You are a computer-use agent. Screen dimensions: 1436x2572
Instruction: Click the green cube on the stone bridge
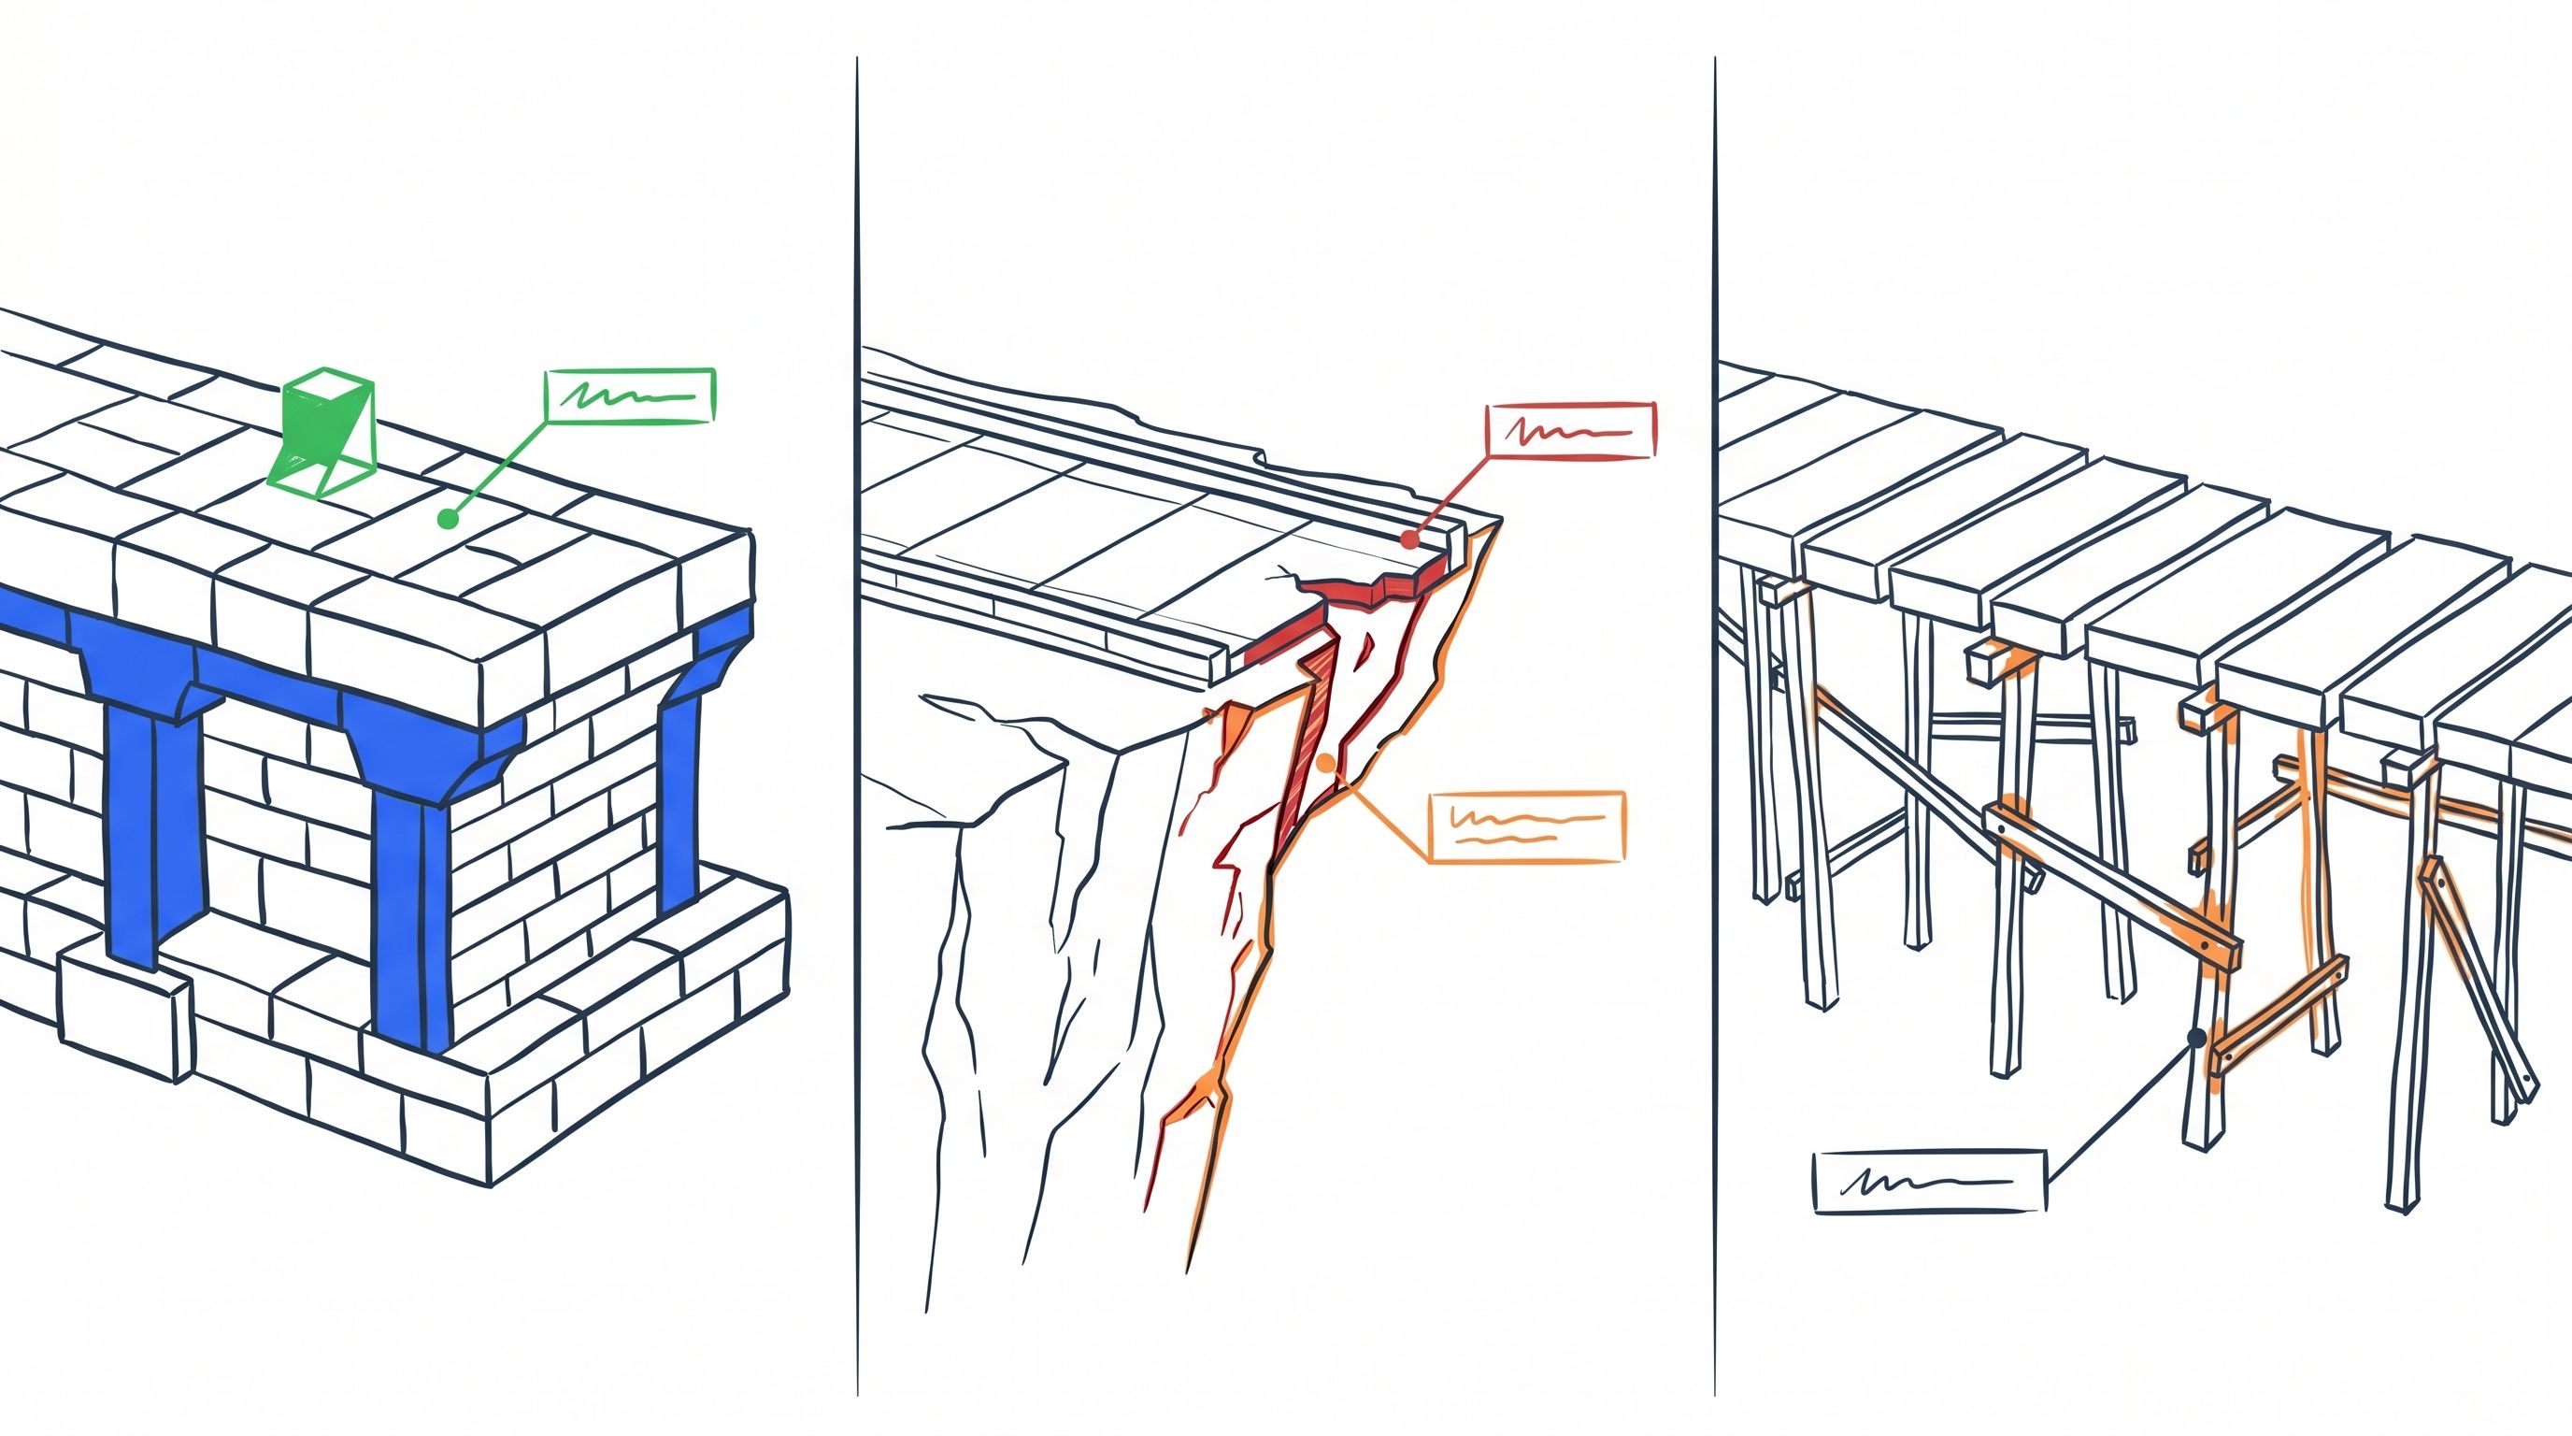click(325, 435)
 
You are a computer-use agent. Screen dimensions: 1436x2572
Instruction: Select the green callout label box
click(630, 396)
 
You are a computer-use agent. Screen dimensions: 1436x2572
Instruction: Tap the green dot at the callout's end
click(449, 519)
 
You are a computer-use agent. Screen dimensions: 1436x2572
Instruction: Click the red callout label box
click(1570, 430)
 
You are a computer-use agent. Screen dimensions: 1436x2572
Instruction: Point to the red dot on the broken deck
click(1408, 539)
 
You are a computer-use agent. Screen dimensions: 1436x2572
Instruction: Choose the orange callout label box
click(1526, 826)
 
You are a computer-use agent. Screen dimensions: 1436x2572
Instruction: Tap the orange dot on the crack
click(1326, 764)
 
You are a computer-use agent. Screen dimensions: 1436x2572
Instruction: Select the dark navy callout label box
click(1929, 1182)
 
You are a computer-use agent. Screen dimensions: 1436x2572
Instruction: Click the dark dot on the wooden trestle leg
click(2196, 1039)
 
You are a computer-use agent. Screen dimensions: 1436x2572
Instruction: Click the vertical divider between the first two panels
click(857, 699)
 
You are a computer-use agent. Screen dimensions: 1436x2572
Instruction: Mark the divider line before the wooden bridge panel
click(1715, 699)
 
